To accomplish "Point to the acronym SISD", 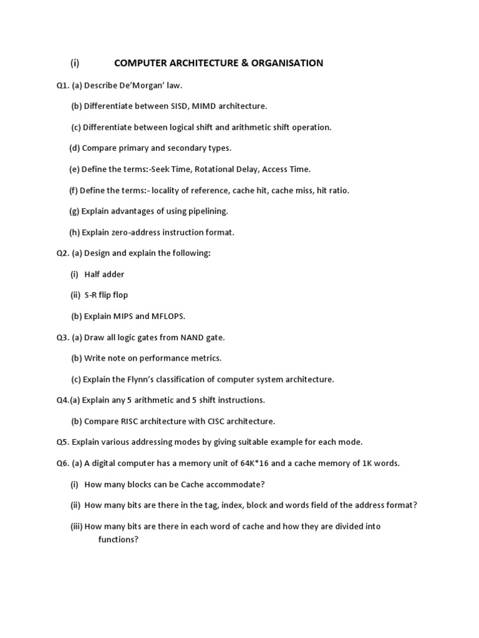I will [181, 107].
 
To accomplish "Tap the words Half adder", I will [105, 274].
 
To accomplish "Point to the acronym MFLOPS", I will [168, 316].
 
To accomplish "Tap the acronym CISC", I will [216, 421].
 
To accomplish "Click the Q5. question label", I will [62, 442].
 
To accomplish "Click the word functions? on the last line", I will [118, 540].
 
